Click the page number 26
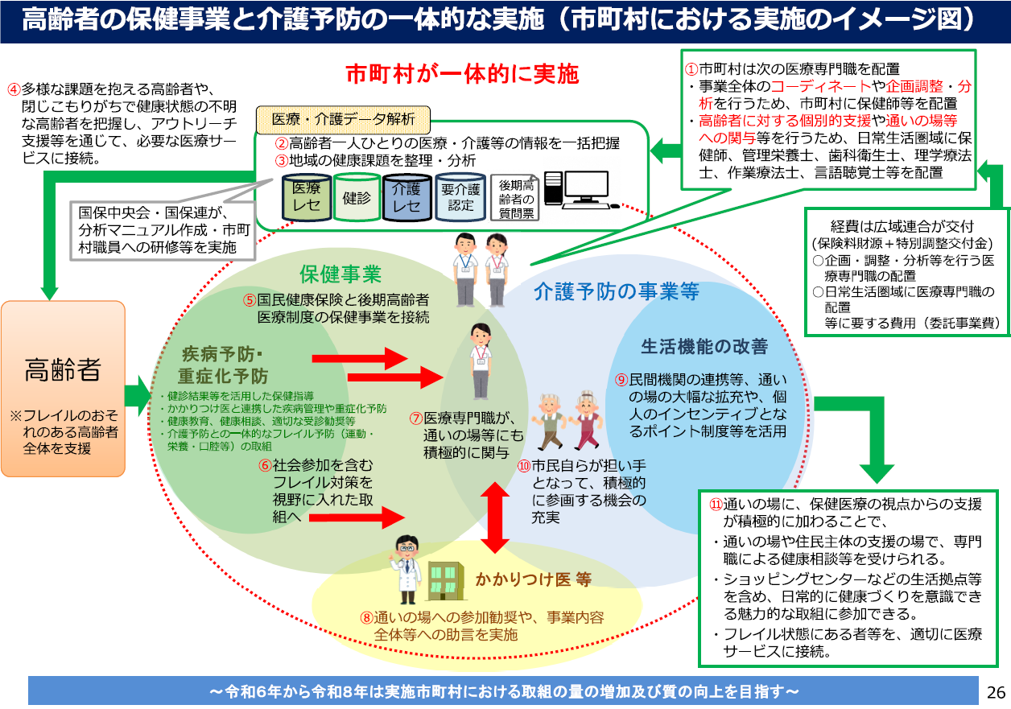[996, 692]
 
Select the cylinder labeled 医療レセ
[307, 196]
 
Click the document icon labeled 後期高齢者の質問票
[514, 198]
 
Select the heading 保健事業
[340, 275]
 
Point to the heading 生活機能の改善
[704, 347]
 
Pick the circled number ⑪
[716, 505]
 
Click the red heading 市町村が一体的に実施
[462, 75]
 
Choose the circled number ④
[14, 88]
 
